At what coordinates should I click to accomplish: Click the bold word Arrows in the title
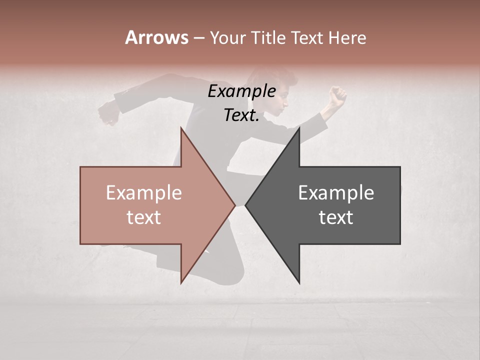(156, 37)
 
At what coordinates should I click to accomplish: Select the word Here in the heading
(347, 37)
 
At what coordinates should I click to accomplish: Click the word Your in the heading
(229, 37)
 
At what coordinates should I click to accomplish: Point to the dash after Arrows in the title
(198, 38)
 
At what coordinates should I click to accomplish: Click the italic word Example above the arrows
(241, 91)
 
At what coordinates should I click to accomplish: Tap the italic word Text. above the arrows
(241, 115)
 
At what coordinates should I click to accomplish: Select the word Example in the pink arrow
(143, 193)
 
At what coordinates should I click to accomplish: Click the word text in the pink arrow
(143, 217)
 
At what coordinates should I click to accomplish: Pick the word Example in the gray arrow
(336, 193)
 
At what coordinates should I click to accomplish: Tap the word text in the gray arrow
(336, 217)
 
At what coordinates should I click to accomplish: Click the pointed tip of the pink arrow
(234, 205)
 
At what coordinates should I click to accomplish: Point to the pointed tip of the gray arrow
(246, 205)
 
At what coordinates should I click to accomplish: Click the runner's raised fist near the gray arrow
(338, 95)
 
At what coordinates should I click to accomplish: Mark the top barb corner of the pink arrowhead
(181, 128)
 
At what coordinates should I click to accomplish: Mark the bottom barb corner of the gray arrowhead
(299, 283)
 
